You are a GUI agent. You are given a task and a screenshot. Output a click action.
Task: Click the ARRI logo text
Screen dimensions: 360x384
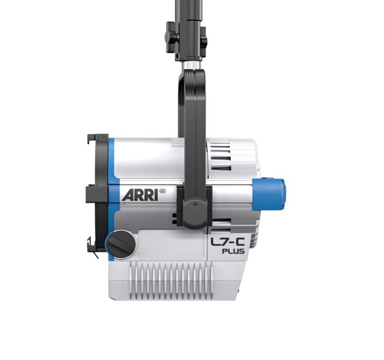[x=139, y=194]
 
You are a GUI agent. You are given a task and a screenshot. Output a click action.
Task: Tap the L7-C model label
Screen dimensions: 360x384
[x=234, y=242]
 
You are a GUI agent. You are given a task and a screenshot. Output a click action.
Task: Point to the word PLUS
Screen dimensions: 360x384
[x=233, y=251]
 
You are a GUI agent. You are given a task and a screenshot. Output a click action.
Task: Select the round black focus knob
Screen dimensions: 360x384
[x=121, y=243]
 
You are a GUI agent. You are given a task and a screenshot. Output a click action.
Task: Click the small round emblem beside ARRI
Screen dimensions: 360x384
[x=162, y=191]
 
